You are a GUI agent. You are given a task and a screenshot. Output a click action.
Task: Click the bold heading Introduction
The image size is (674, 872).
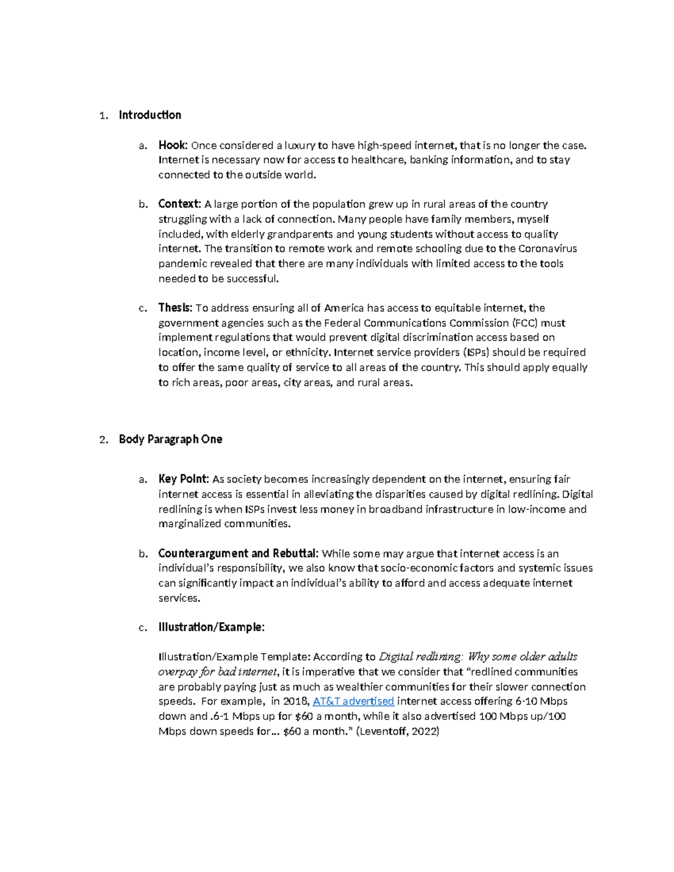click(x=150, y=115)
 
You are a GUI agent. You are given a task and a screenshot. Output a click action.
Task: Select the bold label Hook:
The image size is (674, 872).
click(x=173, y=145)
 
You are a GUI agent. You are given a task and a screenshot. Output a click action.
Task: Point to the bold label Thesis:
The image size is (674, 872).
click(x=175, y=308)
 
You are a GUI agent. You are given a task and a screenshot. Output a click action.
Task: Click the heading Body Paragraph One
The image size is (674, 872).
click(x=170, y=440)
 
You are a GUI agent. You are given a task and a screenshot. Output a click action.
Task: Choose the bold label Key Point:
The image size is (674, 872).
click(x=184, y=479)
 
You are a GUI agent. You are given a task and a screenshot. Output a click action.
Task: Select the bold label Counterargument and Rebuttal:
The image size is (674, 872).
click(x=238, y=554)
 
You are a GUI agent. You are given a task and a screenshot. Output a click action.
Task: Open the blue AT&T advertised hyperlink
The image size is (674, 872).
click(x=353, y=701)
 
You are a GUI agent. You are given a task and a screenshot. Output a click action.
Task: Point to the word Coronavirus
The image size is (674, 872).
click(x=547, y=249)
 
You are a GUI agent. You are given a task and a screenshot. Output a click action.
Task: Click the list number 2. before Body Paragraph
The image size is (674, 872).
click(x=103, y=440)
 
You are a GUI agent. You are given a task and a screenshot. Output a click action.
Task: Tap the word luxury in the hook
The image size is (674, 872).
click(x=300, y=145)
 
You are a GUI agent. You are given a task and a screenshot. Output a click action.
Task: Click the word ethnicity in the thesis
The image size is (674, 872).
click(x=307, y=353)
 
